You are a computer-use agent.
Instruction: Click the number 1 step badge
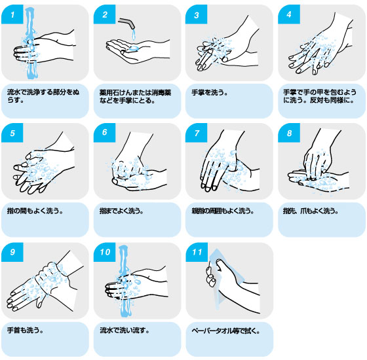tap(12, 14)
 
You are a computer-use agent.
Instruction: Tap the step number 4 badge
tap(289, 14)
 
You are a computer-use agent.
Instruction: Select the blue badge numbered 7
tap(196, 133)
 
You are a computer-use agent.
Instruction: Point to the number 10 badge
tap(104, 252)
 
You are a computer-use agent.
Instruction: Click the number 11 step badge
tap(197, 252)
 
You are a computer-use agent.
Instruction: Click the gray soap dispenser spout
tap(126, 23)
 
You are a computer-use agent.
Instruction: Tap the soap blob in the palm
tap(134, 48)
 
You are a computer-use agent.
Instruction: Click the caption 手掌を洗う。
tap(210, 92)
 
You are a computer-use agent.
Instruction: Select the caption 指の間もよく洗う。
tap(35, 211)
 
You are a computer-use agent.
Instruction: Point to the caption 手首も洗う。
tap(26, 330)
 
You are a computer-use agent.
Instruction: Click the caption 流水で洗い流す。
tap(125, 330)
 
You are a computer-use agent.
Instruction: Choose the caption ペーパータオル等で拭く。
tap(225, 331)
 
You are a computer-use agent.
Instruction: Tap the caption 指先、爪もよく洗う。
tap(311, 211)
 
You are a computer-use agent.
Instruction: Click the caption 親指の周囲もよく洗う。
tap(223, 211)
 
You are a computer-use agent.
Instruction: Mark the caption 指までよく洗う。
tap(121, 211)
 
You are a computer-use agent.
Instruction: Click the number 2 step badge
tap(104, 14)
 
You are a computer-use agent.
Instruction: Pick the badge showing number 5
tap(12, 133)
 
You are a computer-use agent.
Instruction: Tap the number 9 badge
tap(12, 252)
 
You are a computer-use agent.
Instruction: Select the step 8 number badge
tap(289, 133)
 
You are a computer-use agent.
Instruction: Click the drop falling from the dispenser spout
tap(134, 35)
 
